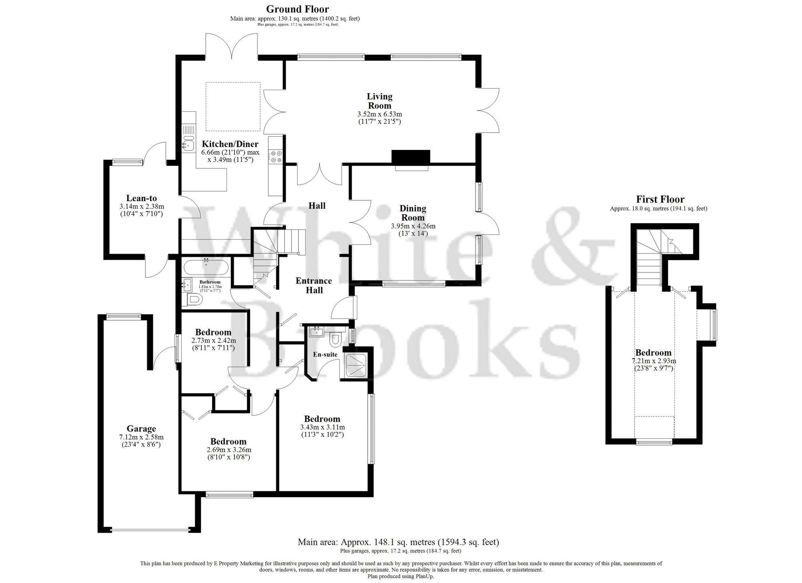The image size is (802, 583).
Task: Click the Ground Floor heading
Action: pyautogui.click(x=298, y=9)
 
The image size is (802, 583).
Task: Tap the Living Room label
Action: pyautogui.click(x=379, y=101)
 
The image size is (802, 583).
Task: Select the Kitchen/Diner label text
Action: pyautogui.click(x=230, y=144)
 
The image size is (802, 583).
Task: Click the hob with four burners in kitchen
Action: pyautogui.click(x=276, y=156)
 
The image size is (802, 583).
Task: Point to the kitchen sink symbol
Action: pyautogui.click(x=188, y=143)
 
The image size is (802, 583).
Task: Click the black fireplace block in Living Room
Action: pyautogui.click(x=411, y=157)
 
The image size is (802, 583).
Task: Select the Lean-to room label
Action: pyautogui.click(x=142, y=198)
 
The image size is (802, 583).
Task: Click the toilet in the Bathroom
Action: pyautogui.click(x=193, y=299)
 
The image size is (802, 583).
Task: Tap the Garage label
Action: pyautogui.click(x=141, y=429)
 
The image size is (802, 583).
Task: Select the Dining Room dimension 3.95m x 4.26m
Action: pyautogui.click(x=413, y=226)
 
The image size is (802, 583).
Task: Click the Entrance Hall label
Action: pyautogui.click(x=314, y=285)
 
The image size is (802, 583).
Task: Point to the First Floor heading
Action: pyautogui.click(x=660, y=200)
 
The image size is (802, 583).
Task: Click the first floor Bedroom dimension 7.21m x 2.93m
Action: pyautogui.click(x=653, y=361)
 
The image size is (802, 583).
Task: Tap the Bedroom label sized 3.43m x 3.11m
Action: pyautogui.click(x=322, y=419)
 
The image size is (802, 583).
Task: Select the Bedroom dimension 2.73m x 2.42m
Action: pyautogui.click(x=213, y=341)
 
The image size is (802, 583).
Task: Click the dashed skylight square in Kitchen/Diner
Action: pyautogui.click(x=233, y=107)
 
